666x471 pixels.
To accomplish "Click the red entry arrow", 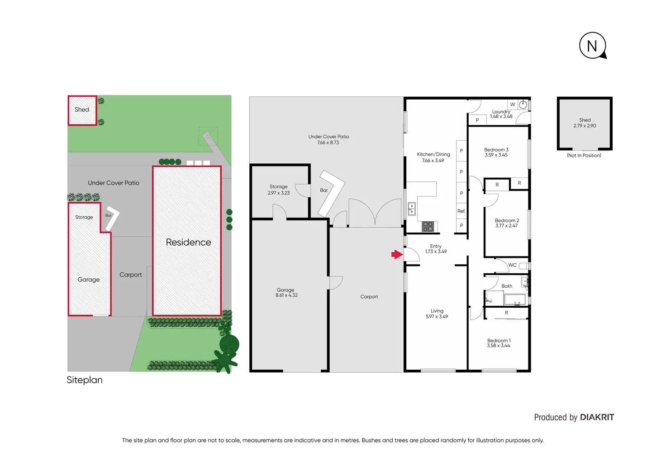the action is click(x=397, y=254).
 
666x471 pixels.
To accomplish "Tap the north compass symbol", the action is click(x=593, y=46).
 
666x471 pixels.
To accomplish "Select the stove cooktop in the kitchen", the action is click(x=428, y=227).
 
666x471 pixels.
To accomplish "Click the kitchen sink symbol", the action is click(x=412, y=209).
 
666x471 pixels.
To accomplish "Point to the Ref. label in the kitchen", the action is click(x=461, y=211).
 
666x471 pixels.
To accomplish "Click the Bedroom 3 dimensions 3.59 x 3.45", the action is click(x=496, y=155).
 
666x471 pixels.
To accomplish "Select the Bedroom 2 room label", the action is click(x=507, y=220).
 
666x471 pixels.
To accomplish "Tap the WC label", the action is click(x=512, y=265).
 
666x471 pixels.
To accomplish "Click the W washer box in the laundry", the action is click(x=513, y=105).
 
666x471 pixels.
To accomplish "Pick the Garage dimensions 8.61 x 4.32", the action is click(x=286, y=295).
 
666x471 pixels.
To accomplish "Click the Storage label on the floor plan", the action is click(x=279, y=186).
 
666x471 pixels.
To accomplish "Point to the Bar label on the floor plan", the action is click(x=324, y=190).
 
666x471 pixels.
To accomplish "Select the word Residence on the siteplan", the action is click(x=189, y=242).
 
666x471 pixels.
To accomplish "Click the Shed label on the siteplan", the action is click(x=82, y=109).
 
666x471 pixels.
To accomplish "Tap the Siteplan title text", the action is click(x=85, y=380).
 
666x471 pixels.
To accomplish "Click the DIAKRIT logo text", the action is click(x=597, y=417).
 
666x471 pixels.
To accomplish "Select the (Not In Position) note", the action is click(x=584, y=155).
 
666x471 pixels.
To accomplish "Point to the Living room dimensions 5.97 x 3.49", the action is click(x=437, y=317).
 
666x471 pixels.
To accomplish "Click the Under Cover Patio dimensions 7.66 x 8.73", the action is click(x=328, y=143).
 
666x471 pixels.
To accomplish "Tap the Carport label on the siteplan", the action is click(x=130, y=275).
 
